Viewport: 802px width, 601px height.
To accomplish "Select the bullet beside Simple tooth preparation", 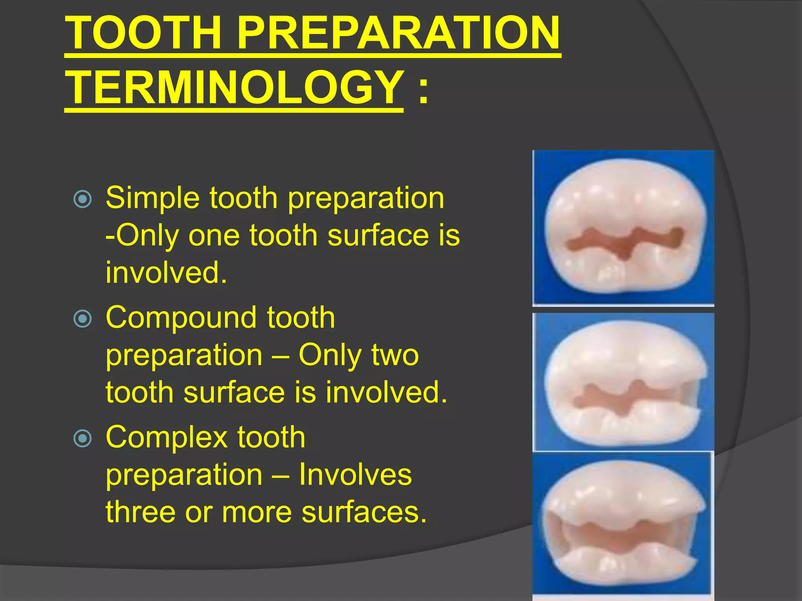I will pyautogui.click(x=83, y=199).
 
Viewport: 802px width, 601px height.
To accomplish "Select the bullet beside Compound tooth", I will pyautogui.click(x=83, y=318).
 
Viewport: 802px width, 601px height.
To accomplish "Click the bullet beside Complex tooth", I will pyautogui.click(x=83, y=438).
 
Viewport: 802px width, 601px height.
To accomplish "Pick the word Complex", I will pyautogui.click(x=166, y=437).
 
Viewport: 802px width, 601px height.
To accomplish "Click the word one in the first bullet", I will pyautogui.click(x=214, y=236).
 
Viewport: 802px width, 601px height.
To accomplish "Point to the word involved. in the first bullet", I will pyautogui.click(x=166, y=273).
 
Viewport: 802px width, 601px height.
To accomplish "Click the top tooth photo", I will pyautogui.click(x=623, y=228).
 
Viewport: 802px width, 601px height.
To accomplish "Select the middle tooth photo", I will pyautogui.click(x=623, y=382).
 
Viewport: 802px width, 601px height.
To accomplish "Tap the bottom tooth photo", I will pyautogui.click(x=623, y=524).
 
